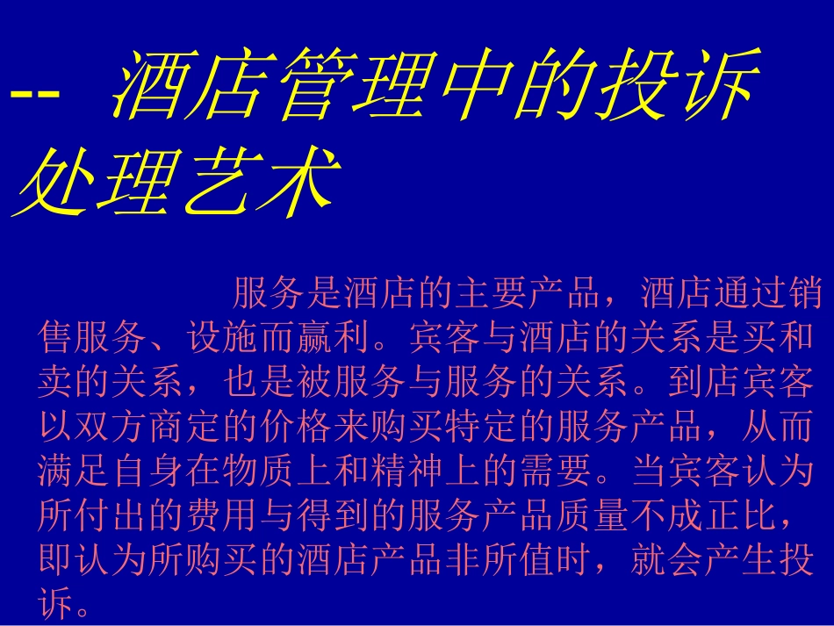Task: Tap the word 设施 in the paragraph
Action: pyautogui.click(x=223, y=336)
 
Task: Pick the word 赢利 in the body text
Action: pyautogui.click(x=335, y=336)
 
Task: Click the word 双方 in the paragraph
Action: pyautogui.click(x=112, y=427)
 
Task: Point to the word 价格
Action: pyautogui.click(x=297, y=427)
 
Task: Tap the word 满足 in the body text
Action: pyautogui.click(x=75, y=471)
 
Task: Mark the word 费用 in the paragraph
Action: pyautogui.click(x=223, y=516)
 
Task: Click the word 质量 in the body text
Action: pyautogui.click(x=592, y=516)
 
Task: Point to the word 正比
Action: pyautogui.click(x=739, y=516)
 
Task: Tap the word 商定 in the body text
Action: pyautogui.click(x=186, y=427)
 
